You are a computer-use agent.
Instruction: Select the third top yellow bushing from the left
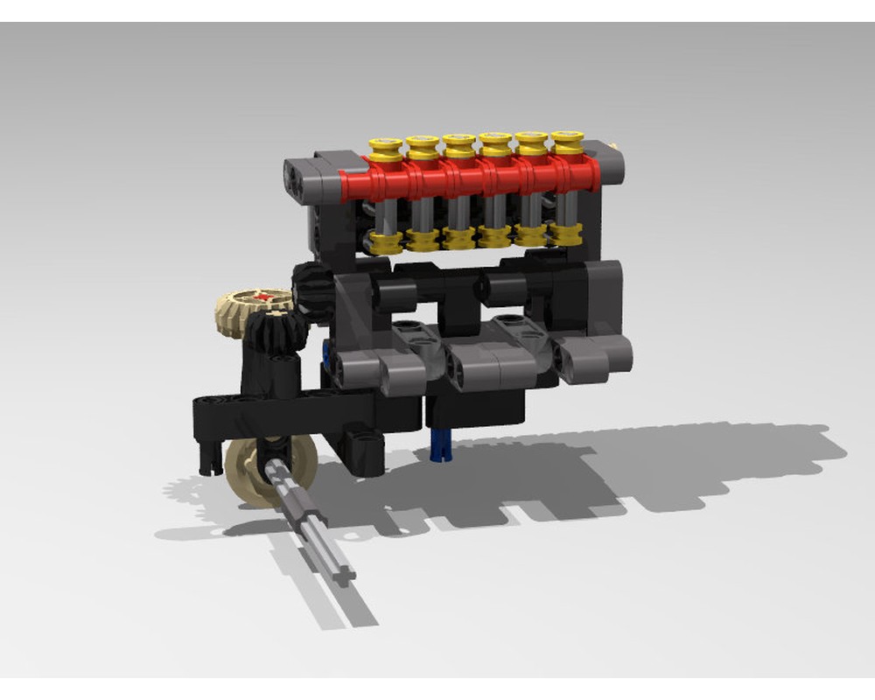coord(458,147)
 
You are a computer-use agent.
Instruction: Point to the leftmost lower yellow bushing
coord(382,241)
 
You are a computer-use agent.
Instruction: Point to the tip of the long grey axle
coord(347,573)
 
